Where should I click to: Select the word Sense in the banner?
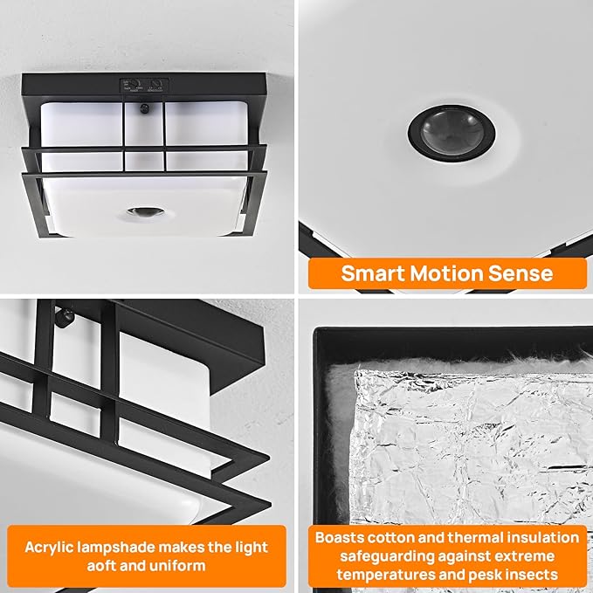(x=521, y=273)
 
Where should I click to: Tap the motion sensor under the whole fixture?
(x=144, y=211)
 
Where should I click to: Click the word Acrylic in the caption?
(x=53, y=547)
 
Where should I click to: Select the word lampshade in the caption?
(x=131, y=547)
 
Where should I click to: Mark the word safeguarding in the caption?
(x=378, y=556)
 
